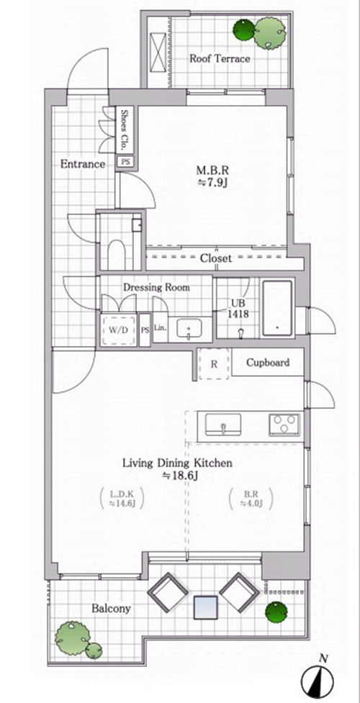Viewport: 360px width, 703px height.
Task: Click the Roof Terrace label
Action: (220, 58)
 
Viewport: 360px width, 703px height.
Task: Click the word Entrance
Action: (83, 164)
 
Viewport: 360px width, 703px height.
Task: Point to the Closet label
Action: (216, 258)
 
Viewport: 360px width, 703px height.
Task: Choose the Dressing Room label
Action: (156, 287)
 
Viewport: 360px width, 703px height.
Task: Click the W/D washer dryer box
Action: (119, 331)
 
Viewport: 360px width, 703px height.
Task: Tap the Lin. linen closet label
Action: (161, 327)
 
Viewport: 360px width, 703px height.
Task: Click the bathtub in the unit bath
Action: (277, 308)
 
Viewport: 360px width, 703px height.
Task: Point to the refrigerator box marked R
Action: (214, 363)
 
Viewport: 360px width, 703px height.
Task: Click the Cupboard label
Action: (268, 362)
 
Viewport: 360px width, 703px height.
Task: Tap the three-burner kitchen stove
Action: (284, 425)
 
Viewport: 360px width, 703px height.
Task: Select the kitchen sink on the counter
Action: (223, 425)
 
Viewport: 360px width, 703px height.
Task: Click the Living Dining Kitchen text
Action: (178, 463)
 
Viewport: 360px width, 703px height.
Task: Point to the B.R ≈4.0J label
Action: (251, 499)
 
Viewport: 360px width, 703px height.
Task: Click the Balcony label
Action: (112, 609)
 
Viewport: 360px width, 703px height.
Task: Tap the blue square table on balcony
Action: (206, 607)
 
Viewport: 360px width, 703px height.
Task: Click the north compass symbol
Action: (319, 676)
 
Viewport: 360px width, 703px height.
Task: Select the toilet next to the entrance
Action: (118, 255)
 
